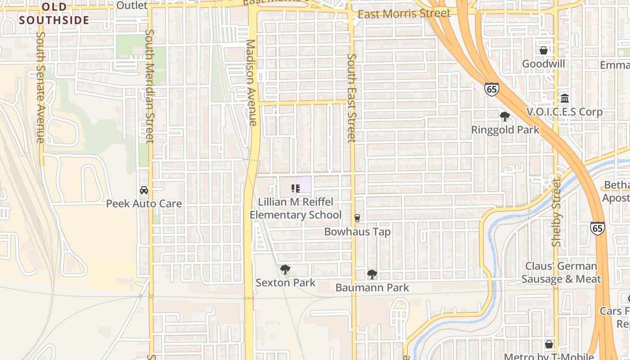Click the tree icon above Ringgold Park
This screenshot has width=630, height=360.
505,117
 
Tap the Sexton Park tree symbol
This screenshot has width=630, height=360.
285,270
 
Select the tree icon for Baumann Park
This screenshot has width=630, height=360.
372,274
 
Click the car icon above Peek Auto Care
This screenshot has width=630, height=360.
144,190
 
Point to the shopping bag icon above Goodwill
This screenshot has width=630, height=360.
543,50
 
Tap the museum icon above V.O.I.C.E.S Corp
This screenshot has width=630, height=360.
564,98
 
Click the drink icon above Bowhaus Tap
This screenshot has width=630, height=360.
357,218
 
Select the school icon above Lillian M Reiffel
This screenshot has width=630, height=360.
295,188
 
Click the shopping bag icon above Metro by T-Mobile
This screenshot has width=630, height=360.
549,344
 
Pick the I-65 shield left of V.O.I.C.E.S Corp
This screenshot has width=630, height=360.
491,89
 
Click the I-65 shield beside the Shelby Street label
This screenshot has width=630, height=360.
597,228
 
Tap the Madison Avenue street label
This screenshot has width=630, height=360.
251,83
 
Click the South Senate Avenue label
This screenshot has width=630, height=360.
40,87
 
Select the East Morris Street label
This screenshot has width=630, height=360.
404,13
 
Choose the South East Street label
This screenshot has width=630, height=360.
352,98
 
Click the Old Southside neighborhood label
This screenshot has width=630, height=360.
54,13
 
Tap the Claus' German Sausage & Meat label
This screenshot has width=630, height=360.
561,273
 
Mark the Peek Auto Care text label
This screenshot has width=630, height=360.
144,204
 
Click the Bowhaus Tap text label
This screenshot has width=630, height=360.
357,232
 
